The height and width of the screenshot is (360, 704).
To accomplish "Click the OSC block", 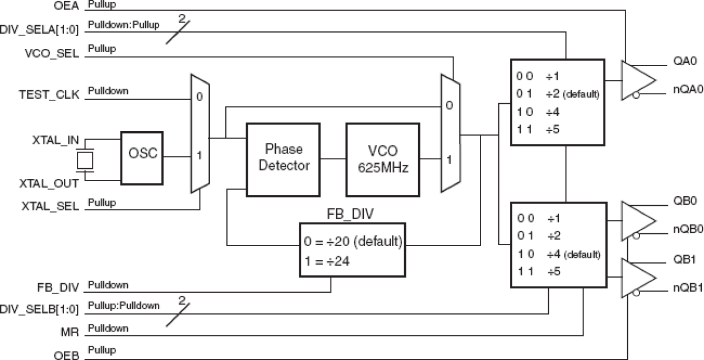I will point(142,156).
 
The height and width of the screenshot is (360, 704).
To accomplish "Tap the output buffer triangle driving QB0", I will point(637,220).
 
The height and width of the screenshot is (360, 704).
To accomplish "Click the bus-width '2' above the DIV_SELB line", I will point(181,301).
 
